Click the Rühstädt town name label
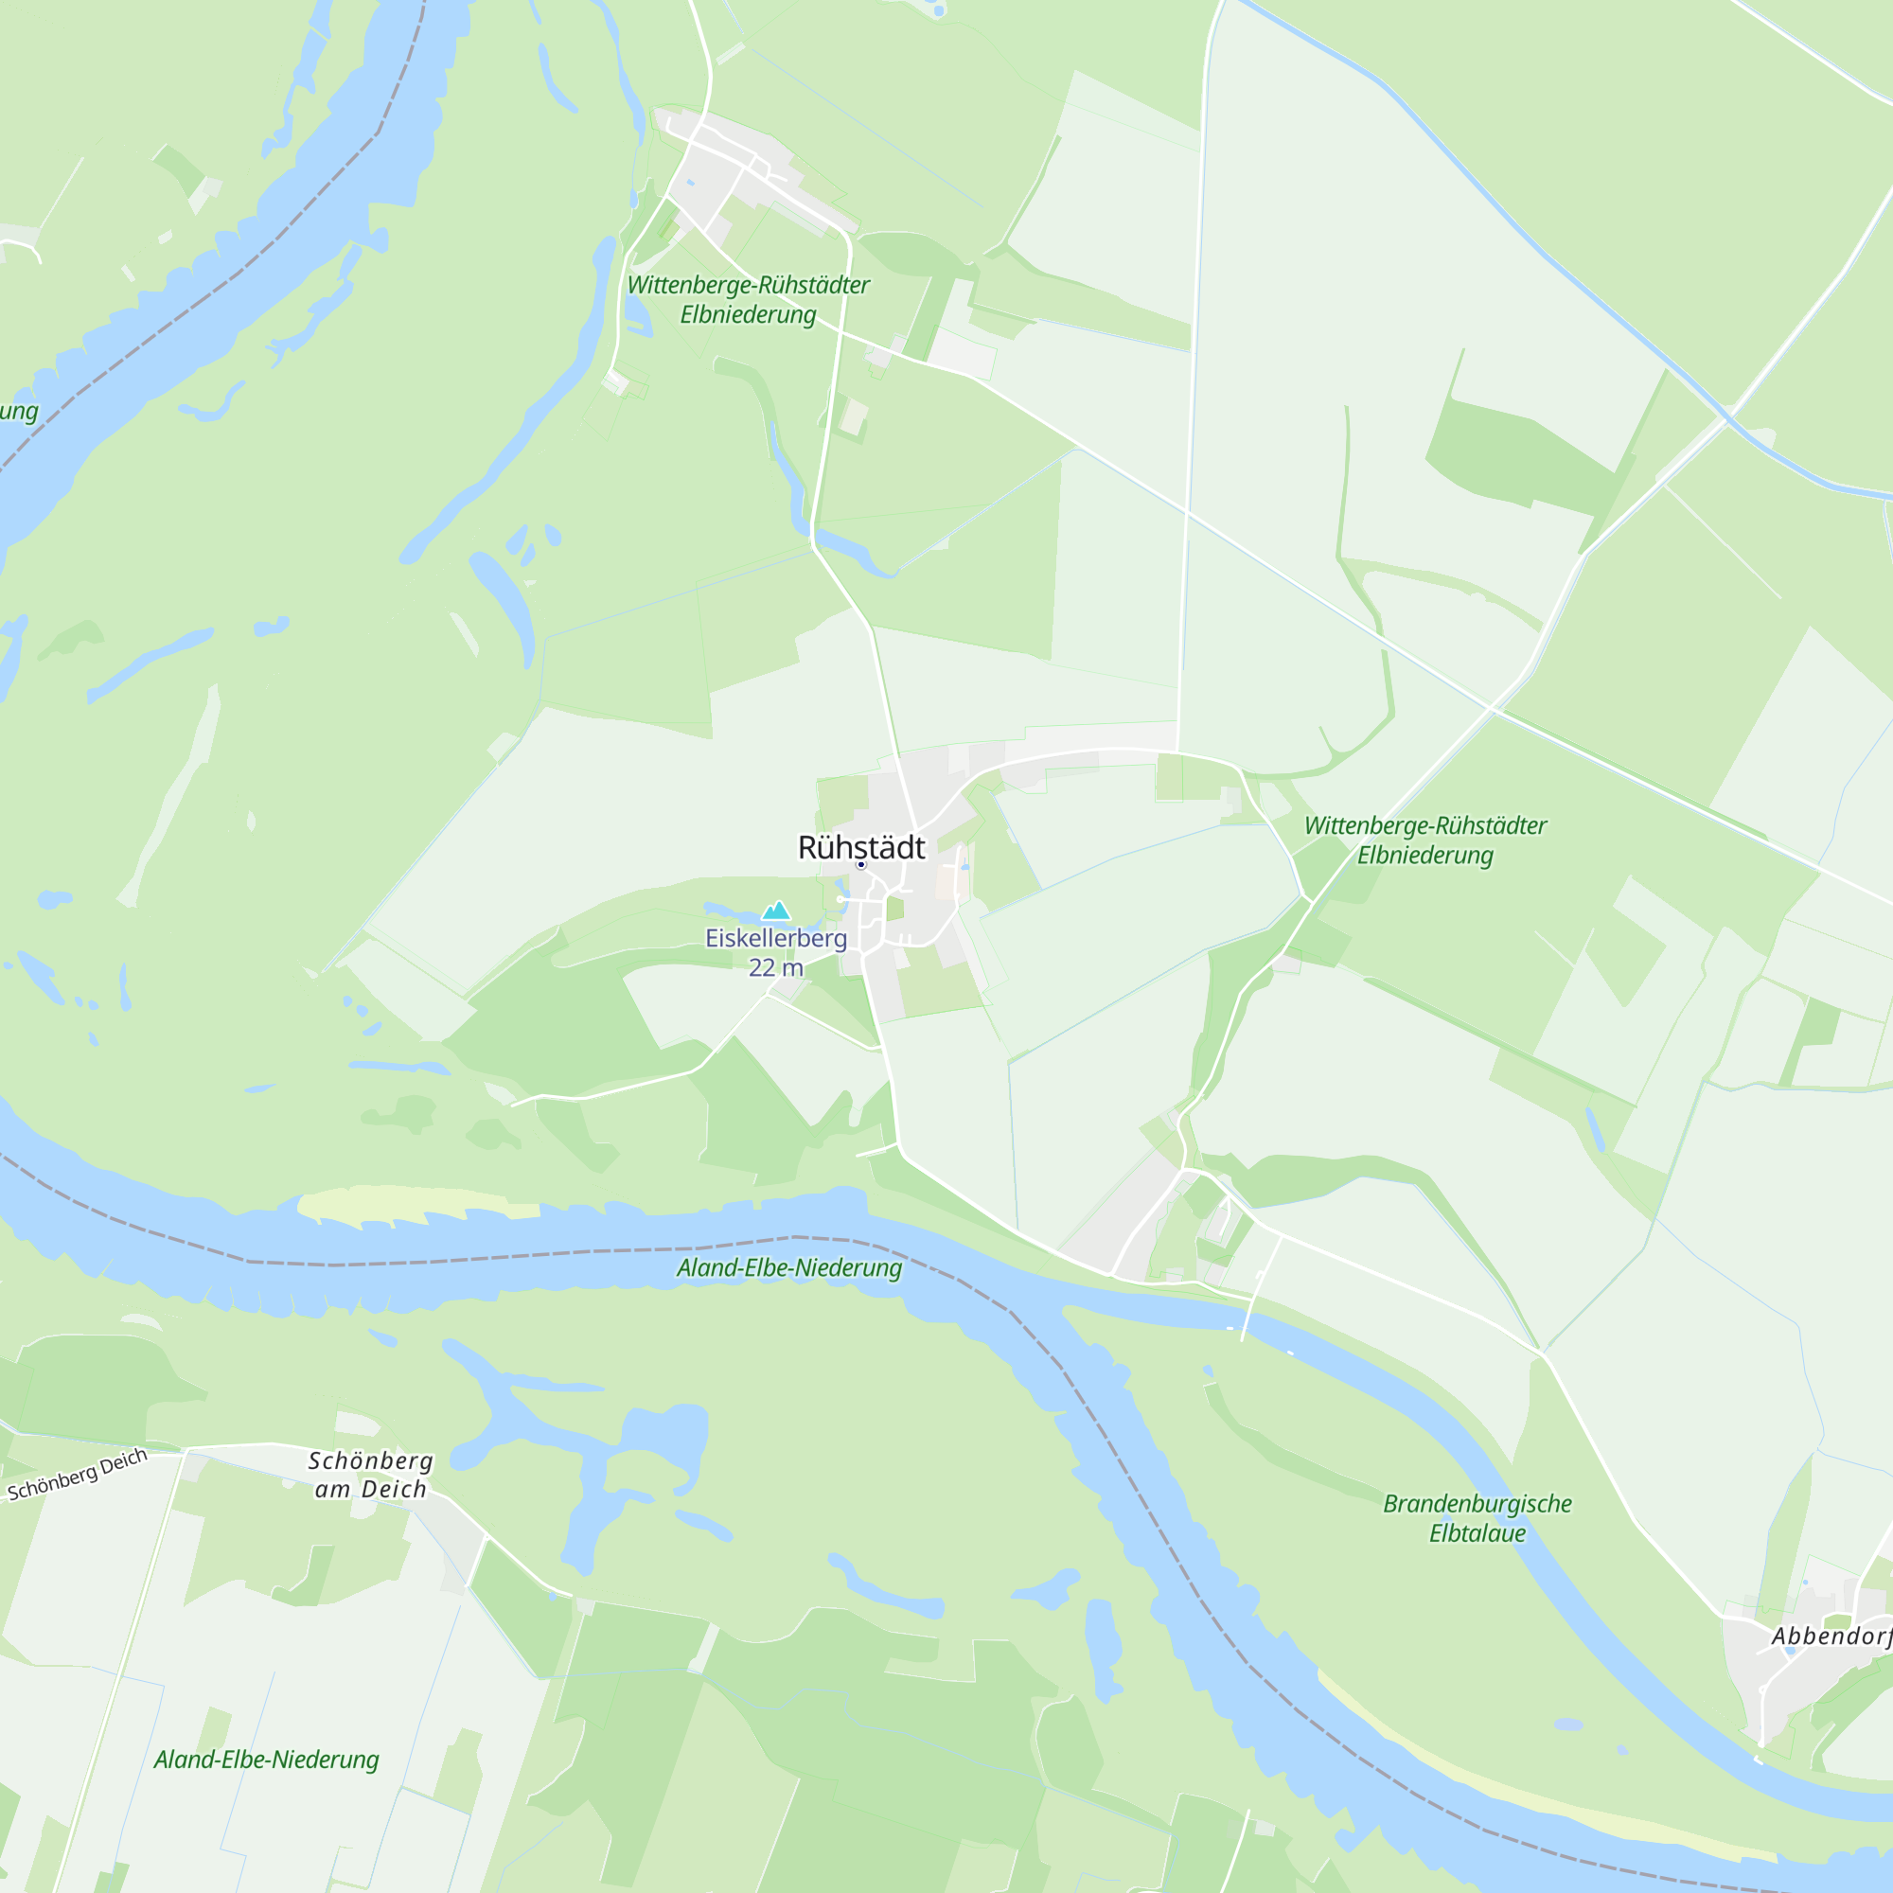(861, 847)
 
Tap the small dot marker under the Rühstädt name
(861, 865)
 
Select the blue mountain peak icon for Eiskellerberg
(776, 911)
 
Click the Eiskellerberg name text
(776, 938)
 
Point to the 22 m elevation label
(776, 968)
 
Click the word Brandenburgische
(1477, 1504)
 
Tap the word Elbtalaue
(1477, 1533)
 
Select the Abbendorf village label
(1831, 1636)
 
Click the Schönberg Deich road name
(78, 1475)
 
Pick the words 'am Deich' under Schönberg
(370, 1489)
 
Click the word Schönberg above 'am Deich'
(370, 1460)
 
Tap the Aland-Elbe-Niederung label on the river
(788, 1268)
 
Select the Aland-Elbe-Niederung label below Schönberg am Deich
(267, 1760)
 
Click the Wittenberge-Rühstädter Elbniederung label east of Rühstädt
(1424, 840)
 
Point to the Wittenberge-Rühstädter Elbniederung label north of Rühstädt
(748, 300)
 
